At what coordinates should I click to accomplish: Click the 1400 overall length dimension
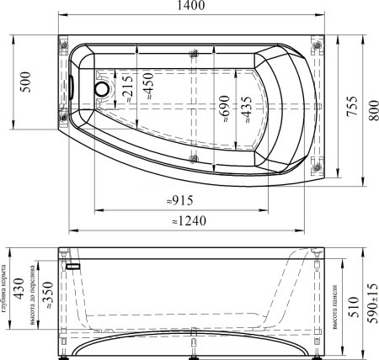(188, 8)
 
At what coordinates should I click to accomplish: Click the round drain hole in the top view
(103, 87)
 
